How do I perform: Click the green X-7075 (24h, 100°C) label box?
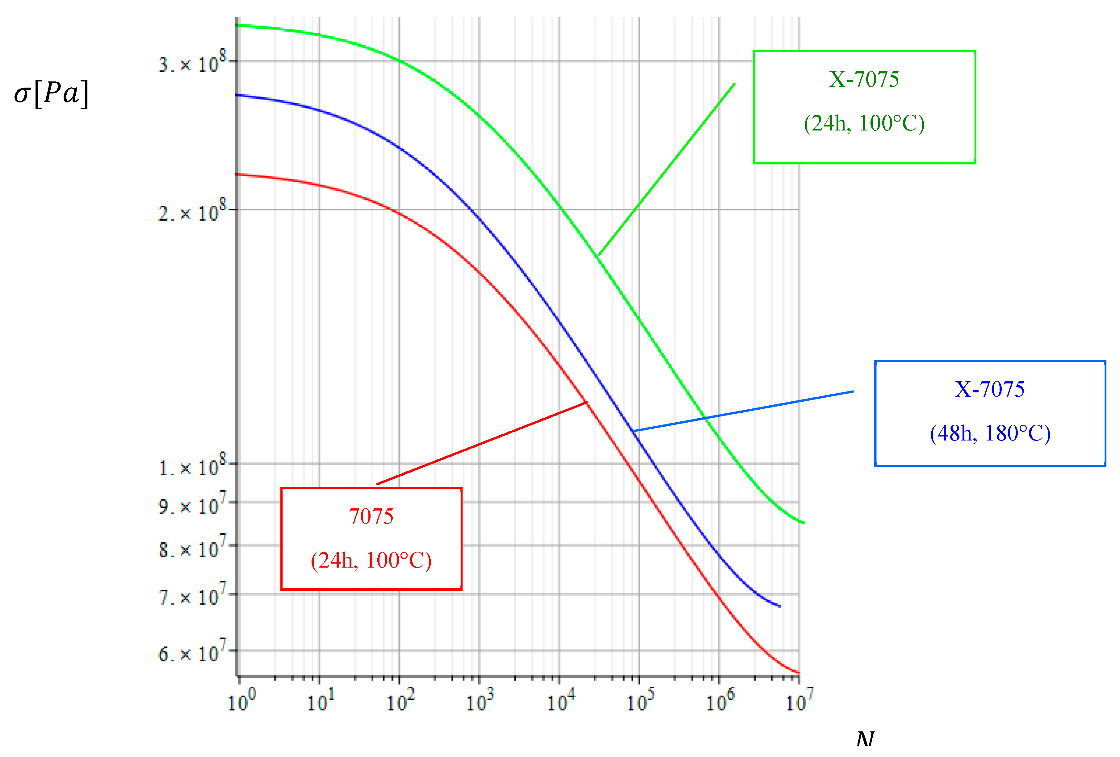(864, 107)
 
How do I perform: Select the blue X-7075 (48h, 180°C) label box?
(990, 413)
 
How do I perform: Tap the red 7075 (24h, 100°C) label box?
(371, 538)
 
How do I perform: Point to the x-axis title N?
(866, 738)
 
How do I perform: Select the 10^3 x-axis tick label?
(480, 701)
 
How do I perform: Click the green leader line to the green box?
(666, 169)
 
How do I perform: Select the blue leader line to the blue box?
(742, 411)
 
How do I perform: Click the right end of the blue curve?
(779, 606)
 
